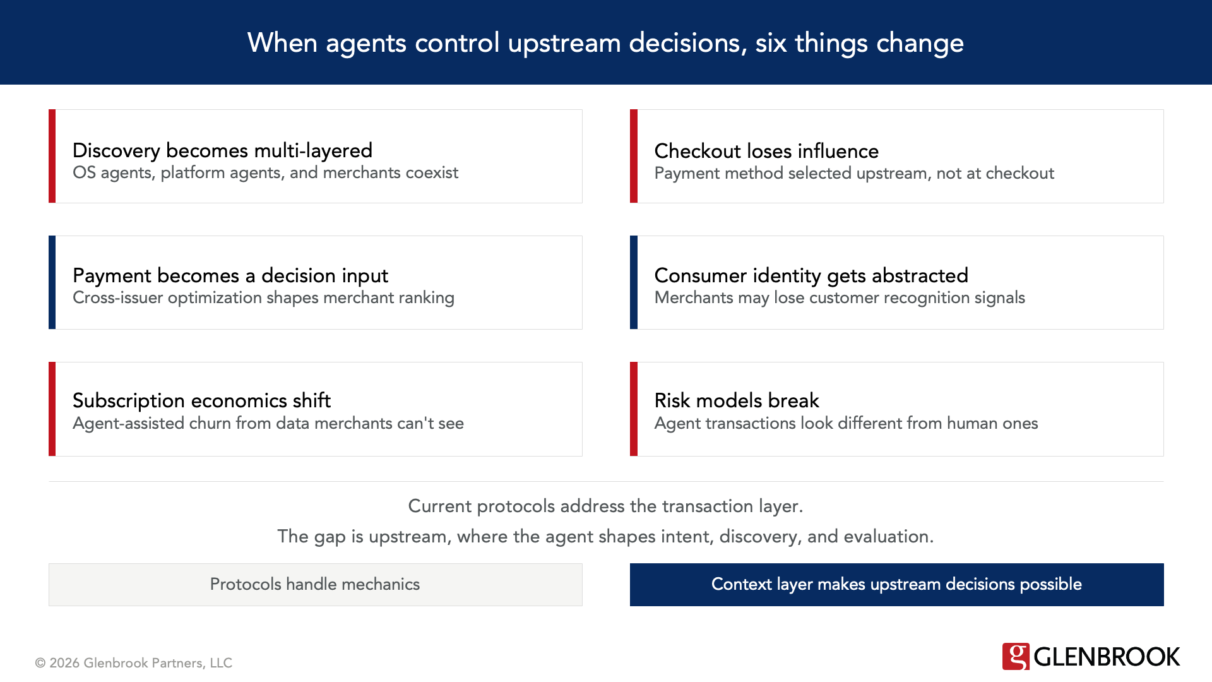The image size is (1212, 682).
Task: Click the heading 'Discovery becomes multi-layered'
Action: pos(222,150)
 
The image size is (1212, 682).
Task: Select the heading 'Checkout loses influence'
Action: pos(766,151)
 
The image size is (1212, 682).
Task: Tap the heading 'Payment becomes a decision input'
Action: pos(230,275)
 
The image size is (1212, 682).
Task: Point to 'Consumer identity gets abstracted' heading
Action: pos(811,275)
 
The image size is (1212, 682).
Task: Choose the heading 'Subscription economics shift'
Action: pos(201,400)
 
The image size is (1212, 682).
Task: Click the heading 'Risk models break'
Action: pos(736,400)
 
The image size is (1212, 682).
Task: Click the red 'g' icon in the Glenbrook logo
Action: pos(1015,657)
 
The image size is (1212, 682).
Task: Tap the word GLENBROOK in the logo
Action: pos(1107,657)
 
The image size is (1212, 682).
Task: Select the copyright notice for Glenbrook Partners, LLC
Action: pos(134,663)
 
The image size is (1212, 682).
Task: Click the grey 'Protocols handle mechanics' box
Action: pos(315,585)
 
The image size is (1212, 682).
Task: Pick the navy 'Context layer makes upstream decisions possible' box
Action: pos(896,585)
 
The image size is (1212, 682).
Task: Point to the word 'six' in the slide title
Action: pos(770,43)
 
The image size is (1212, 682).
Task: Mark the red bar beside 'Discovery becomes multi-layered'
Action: pos(52,156)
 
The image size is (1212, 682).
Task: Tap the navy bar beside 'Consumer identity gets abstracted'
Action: pos(634,282)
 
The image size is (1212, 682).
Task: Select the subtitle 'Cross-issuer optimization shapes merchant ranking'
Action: pos(263,298)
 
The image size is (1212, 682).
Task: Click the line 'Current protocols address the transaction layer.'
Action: pos(605,506)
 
